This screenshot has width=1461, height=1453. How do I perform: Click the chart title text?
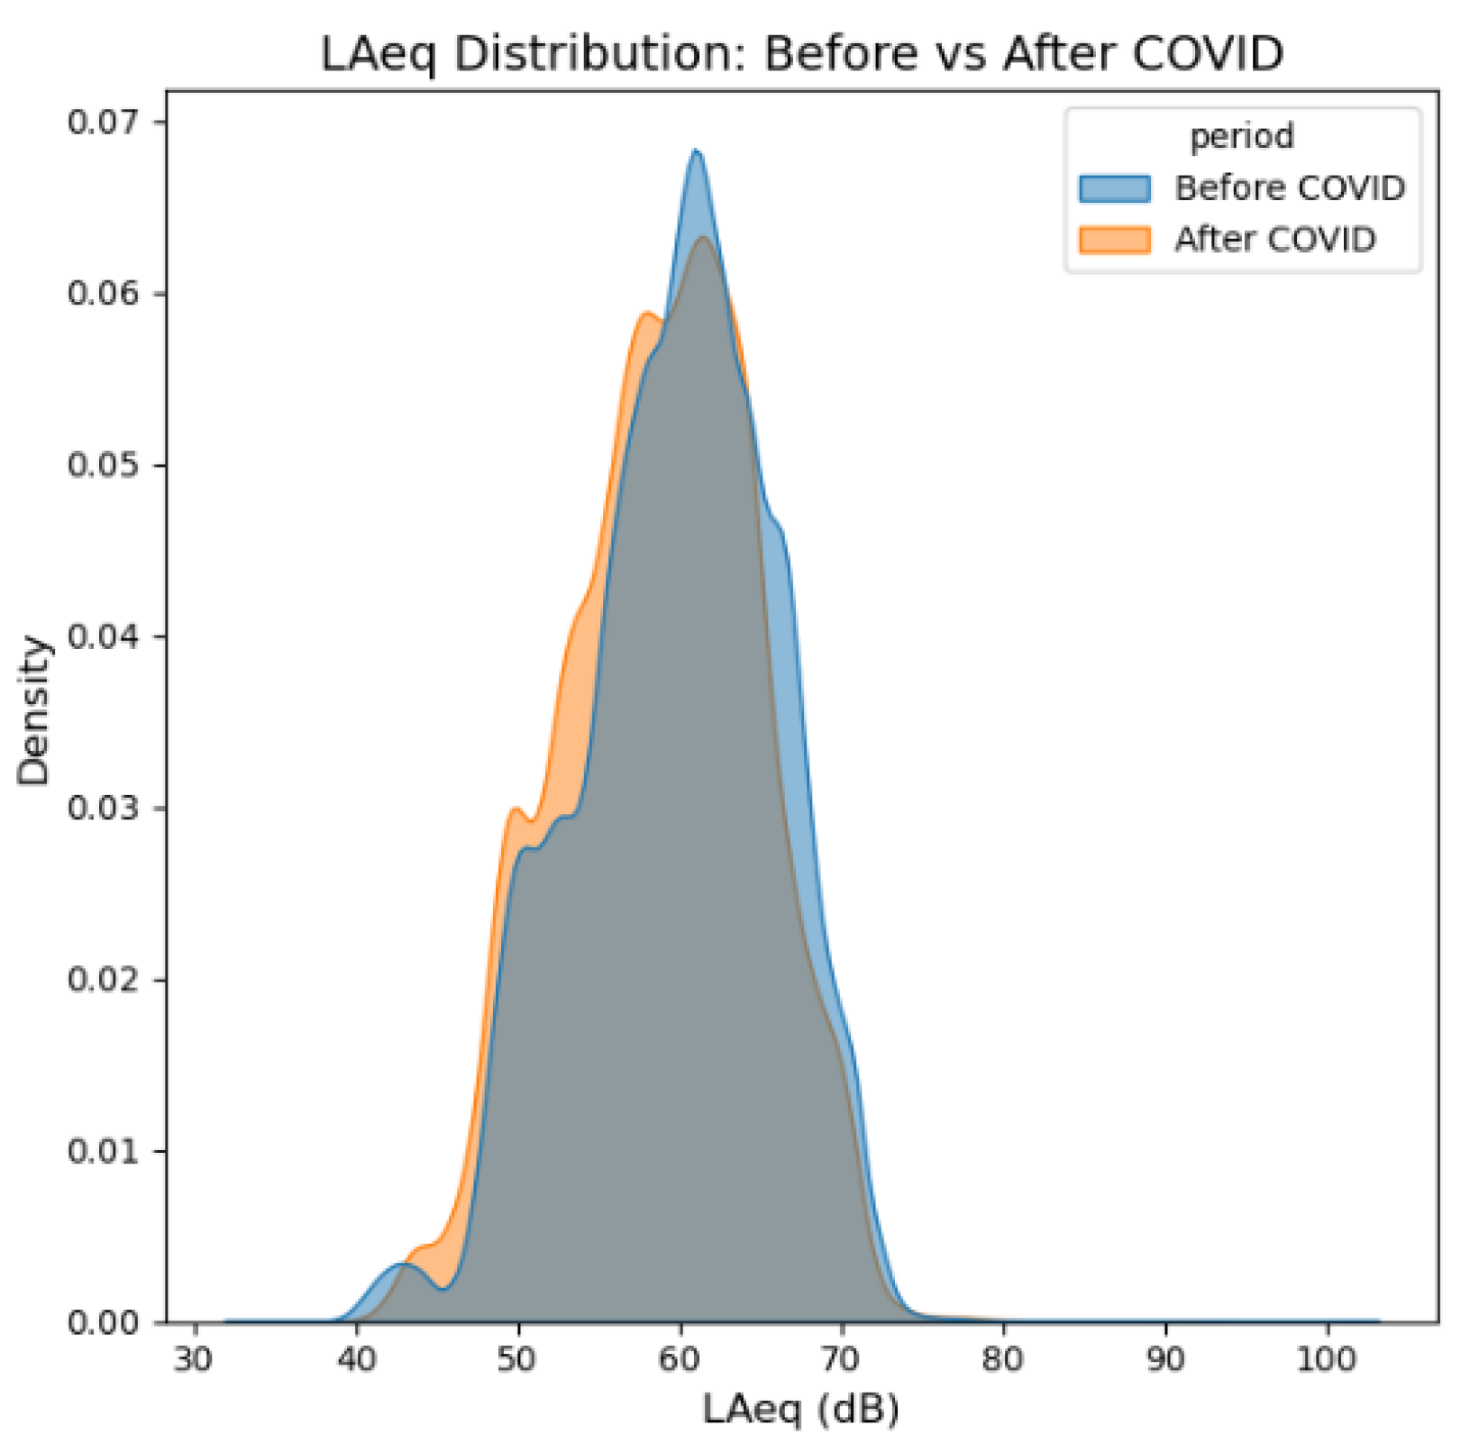[801, 54]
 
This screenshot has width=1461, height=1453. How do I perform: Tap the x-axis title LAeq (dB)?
[801, 1409]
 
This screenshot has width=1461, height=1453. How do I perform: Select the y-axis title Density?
[33, 710]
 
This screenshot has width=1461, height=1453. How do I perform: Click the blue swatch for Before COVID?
[1114, 188]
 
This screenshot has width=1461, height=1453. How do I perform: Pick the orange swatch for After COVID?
[1114, 240]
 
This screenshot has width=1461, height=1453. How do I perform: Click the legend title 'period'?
[1241, 136]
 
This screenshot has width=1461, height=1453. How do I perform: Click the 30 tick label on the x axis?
[194, 1358]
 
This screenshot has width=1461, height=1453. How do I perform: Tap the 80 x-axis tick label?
[1003, 1358]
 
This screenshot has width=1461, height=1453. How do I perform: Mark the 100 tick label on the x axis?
[1327, 1358]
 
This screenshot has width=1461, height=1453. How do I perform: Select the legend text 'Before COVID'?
[1289, 188]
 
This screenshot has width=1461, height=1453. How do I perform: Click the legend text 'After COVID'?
[1274, 240]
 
